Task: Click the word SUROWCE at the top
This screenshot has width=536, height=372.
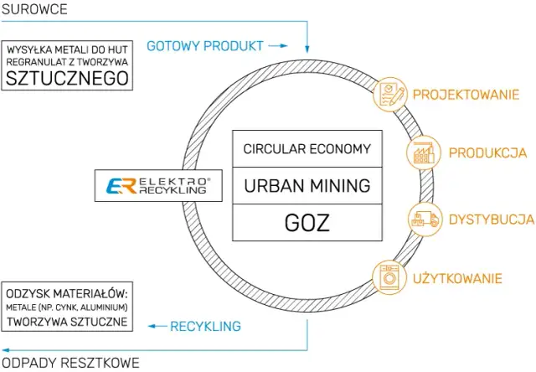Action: tap(34, 9)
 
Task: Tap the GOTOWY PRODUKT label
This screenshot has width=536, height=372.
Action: tap(204, 45)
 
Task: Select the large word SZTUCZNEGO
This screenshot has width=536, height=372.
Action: tap(67, 80)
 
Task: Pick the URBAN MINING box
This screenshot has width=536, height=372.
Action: tap(307, 186)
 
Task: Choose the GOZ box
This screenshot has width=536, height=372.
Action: tap(307, 223)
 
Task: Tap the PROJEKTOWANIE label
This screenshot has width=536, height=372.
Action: tap(466, 95)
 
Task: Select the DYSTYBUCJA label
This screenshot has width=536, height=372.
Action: tap(491, 220)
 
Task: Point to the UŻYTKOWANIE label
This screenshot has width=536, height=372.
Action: tap(457, 277)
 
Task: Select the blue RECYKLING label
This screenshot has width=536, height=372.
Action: tap(205, 326)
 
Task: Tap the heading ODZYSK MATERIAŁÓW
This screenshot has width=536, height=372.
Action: tap(66, 293)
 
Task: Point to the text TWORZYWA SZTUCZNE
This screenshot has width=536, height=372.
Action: tap(66, 322)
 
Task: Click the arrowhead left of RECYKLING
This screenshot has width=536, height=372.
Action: tap(153, 326)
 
